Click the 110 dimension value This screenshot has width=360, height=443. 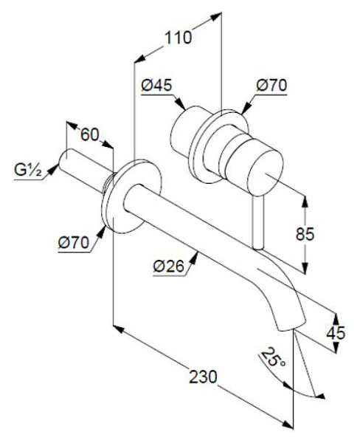178,38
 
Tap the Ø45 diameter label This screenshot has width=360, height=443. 158,86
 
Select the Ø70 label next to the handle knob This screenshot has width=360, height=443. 271,86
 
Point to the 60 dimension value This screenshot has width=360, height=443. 90,135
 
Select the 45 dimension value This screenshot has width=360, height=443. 336,333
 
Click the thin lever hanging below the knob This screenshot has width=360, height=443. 257,221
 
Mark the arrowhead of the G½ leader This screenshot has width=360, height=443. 51,174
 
